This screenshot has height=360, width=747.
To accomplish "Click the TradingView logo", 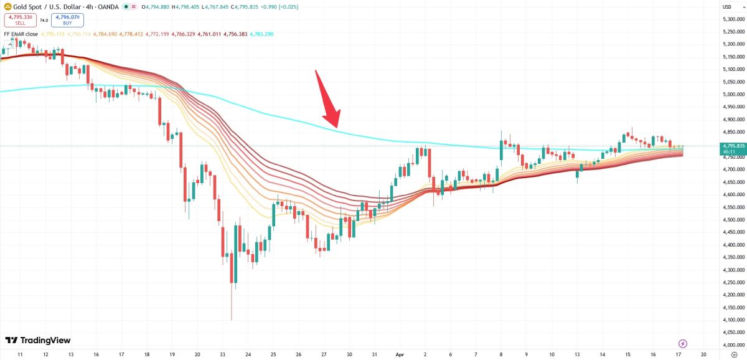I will coord(38,340).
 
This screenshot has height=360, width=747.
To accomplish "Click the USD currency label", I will coord(726,7).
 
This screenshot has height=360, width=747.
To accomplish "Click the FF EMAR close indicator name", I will coord(21,34).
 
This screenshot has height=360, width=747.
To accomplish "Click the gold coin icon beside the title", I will coord(7,7).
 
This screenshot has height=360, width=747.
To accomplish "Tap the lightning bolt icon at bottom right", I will coord(683,343).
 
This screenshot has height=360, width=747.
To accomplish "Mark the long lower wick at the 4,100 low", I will coord(232,305).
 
